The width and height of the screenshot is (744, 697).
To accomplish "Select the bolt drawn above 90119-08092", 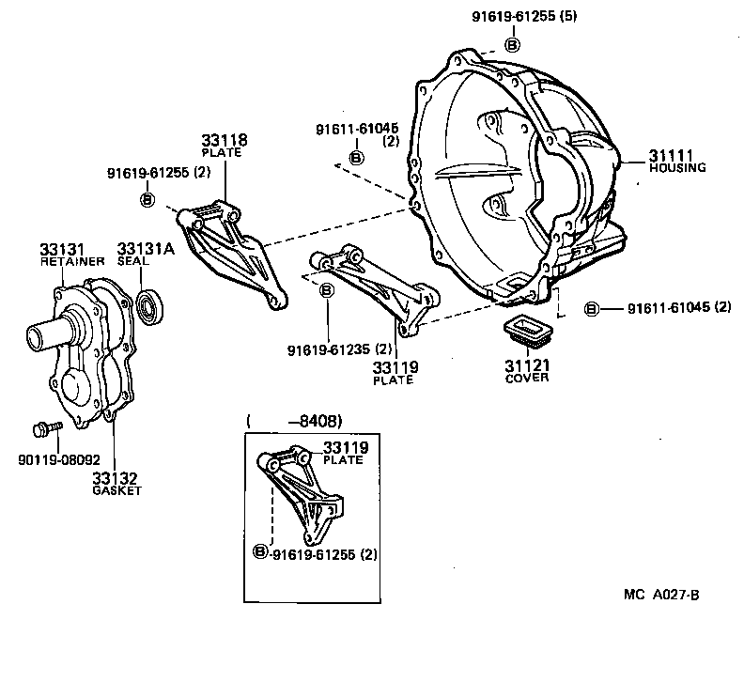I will tap(44, 428).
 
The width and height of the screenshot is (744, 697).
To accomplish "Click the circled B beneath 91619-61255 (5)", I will tap(512, 44).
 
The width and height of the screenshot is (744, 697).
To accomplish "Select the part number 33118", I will tap(226, 140).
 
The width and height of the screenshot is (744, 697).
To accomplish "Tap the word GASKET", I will tap(116, 491).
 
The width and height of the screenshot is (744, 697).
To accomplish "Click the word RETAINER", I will tap(71, 262).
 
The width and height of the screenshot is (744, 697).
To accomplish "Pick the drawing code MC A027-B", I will tap(662, 594).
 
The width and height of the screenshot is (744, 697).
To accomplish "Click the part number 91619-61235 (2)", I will tap(331, 349).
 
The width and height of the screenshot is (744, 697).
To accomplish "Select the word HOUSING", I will tap(676, 167).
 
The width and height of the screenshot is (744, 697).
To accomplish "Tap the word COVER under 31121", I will tap(527, 378).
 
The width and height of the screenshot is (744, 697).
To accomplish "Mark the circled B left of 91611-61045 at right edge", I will tap(591, 308).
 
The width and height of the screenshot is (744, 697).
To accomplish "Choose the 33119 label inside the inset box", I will tap(344, 447).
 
